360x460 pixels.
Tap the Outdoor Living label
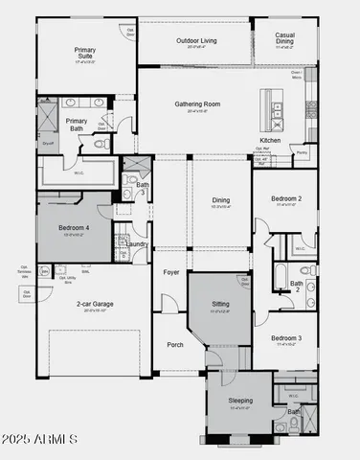pos(196,41)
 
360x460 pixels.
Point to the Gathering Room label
pos(197,103)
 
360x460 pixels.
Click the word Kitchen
pos(270,140)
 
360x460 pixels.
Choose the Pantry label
pos(302,152)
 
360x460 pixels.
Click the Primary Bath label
pos(77,126)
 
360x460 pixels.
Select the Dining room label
pos(221,200)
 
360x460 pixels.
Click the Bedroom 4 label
pos(74,229)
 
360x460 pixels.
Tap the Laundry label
pos(137,244)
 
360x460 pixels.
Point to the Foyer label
pos(171,272)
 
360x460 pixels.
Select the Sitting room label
pos(220,305)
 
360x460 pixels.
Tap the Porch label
pos(174,345)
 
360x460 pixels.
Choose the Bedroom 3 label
pos(285,338)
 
